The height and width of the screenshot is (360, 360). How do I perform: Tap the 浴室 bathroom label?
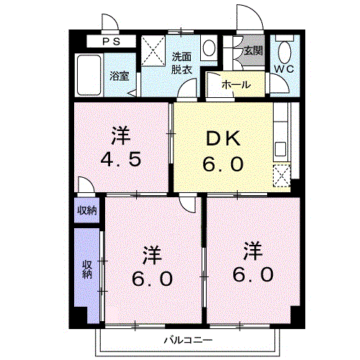coord(119,76)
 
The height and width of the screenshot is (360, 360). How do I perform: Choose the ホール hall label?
coord(235,85)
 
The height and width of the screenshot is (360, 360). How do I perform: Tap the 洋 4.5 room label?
coord(121,148)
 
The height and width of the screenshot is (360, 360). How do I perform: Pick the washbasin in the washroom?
coord(209,48)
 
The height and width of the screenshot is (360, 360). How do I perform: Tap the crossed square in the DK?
coord(281,175)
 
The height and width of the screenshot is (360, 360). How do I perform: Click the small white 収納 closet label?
coord(86,211)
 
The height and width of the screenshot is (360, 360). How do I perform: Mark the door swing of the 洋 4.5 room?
coord(85,186)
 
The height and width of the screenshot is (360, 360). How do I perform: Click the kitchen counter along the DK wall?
coord(281,133)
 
